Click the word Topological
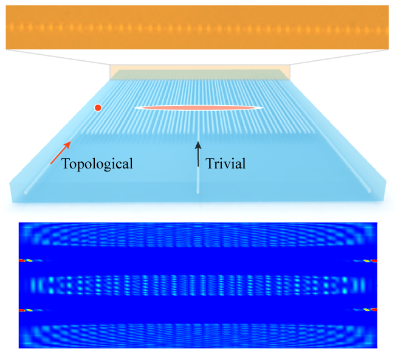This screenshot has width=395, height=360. point(97,163)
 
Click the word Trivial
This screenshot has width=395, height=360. point(226,163)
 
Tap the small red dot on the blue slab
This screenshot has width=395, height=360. point(97,108)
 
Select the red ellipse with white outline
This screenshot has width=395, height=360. point(199,108)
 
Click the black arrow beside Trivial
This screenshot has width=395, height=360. point(197,154)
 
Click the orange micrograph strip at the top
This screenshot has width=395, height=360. point(197,27)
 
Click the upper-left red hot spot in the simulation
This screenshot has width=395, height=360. point(22,260)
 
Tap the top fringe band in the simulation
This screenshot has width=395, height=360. point(197,238)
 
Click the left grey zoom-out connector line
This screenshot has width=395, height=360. point(58,57)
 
